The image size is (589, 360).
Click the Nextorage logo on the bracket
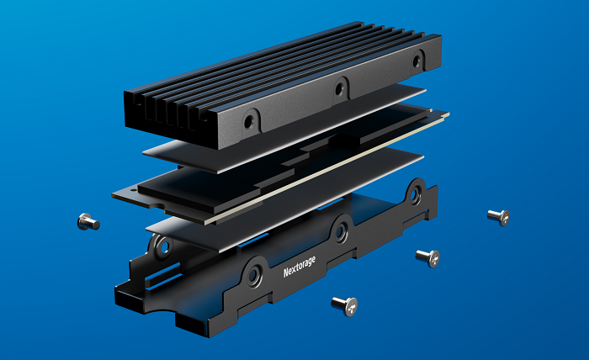(x=300, y=267)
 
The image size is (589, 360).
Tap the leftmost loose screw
(x=88, y=222)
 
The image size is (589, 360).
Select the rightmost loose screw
(x=499, y=217)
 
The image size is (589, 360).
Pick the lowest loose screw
(x=344, y=306)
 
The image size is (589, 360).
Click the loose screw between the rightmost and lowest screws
(x=427, y=258)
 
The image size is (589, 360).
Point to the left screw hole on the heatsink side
(x=249, y=122)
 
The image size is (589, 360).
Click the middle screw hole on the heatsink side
(x=339, y=89)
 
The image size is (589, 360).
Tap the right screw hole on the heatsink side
(x=417, y=61)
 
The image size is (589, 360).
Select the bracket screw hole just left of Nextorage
(x=254, y=275)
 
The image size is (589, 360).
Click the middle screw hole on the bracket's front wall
(x=341, y=231)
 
